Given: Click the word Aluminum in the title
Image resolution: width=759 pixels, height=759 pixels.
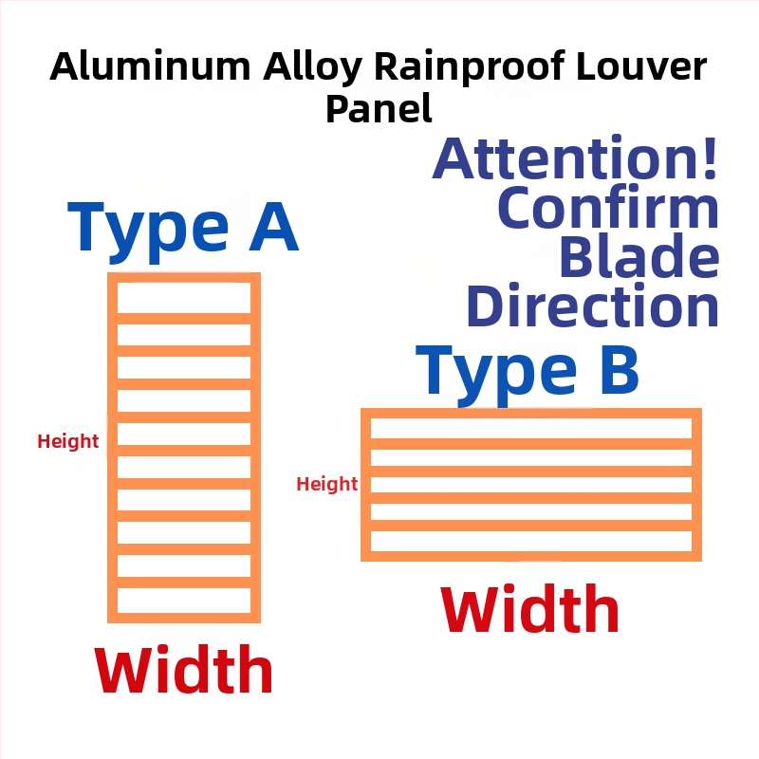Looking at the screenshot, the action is [151, 65].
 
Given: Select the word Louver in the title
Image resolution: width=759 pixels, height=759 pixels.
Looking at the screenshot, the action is [642, 65].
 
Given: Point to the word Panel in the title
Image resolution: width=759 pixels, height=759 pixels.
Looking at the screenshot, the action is [379, 108].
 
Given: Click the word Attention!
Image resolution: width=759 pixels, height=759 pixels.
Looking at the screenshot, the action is [575, 157].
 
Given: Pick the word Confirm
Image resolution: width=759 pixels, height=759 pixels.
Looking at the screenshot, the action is [608, 207].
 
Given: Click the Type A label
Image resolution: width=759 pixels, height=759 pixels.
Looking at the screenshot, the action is [182, 231].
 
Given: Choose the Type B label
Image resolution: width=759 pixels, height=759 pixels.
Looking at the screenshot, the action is [528, 373].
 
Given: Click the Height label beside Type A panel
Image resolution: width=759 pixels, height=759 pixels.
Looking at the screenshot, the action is [68, 441].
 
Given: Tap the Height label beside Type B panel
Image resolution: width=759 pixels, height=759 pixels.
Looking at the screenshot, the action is [327, 484].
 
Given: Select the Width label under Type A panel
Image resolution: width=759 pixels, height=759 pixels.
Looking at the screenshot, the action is [184, 670].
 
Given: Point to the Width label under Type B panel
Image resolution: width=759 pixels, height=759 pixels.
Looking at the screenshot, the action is [530, 608].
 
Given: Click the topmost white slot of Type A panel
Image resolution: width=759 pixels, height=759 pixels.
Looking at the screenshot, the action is [184, 298].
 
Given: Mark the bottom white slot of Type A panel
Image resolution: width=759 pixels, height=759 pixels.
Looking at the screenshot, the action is [184, 601].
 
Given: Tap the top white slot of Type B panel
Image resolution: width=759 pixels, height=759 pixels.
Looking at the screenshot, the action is [531, 429].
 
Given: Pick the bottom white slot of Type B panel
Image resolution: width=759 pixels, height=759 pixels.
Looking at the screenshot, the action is [531, 541].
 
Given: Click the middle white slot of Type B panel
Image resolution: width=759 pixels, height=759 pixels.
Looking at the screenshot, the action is [531, 485].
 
